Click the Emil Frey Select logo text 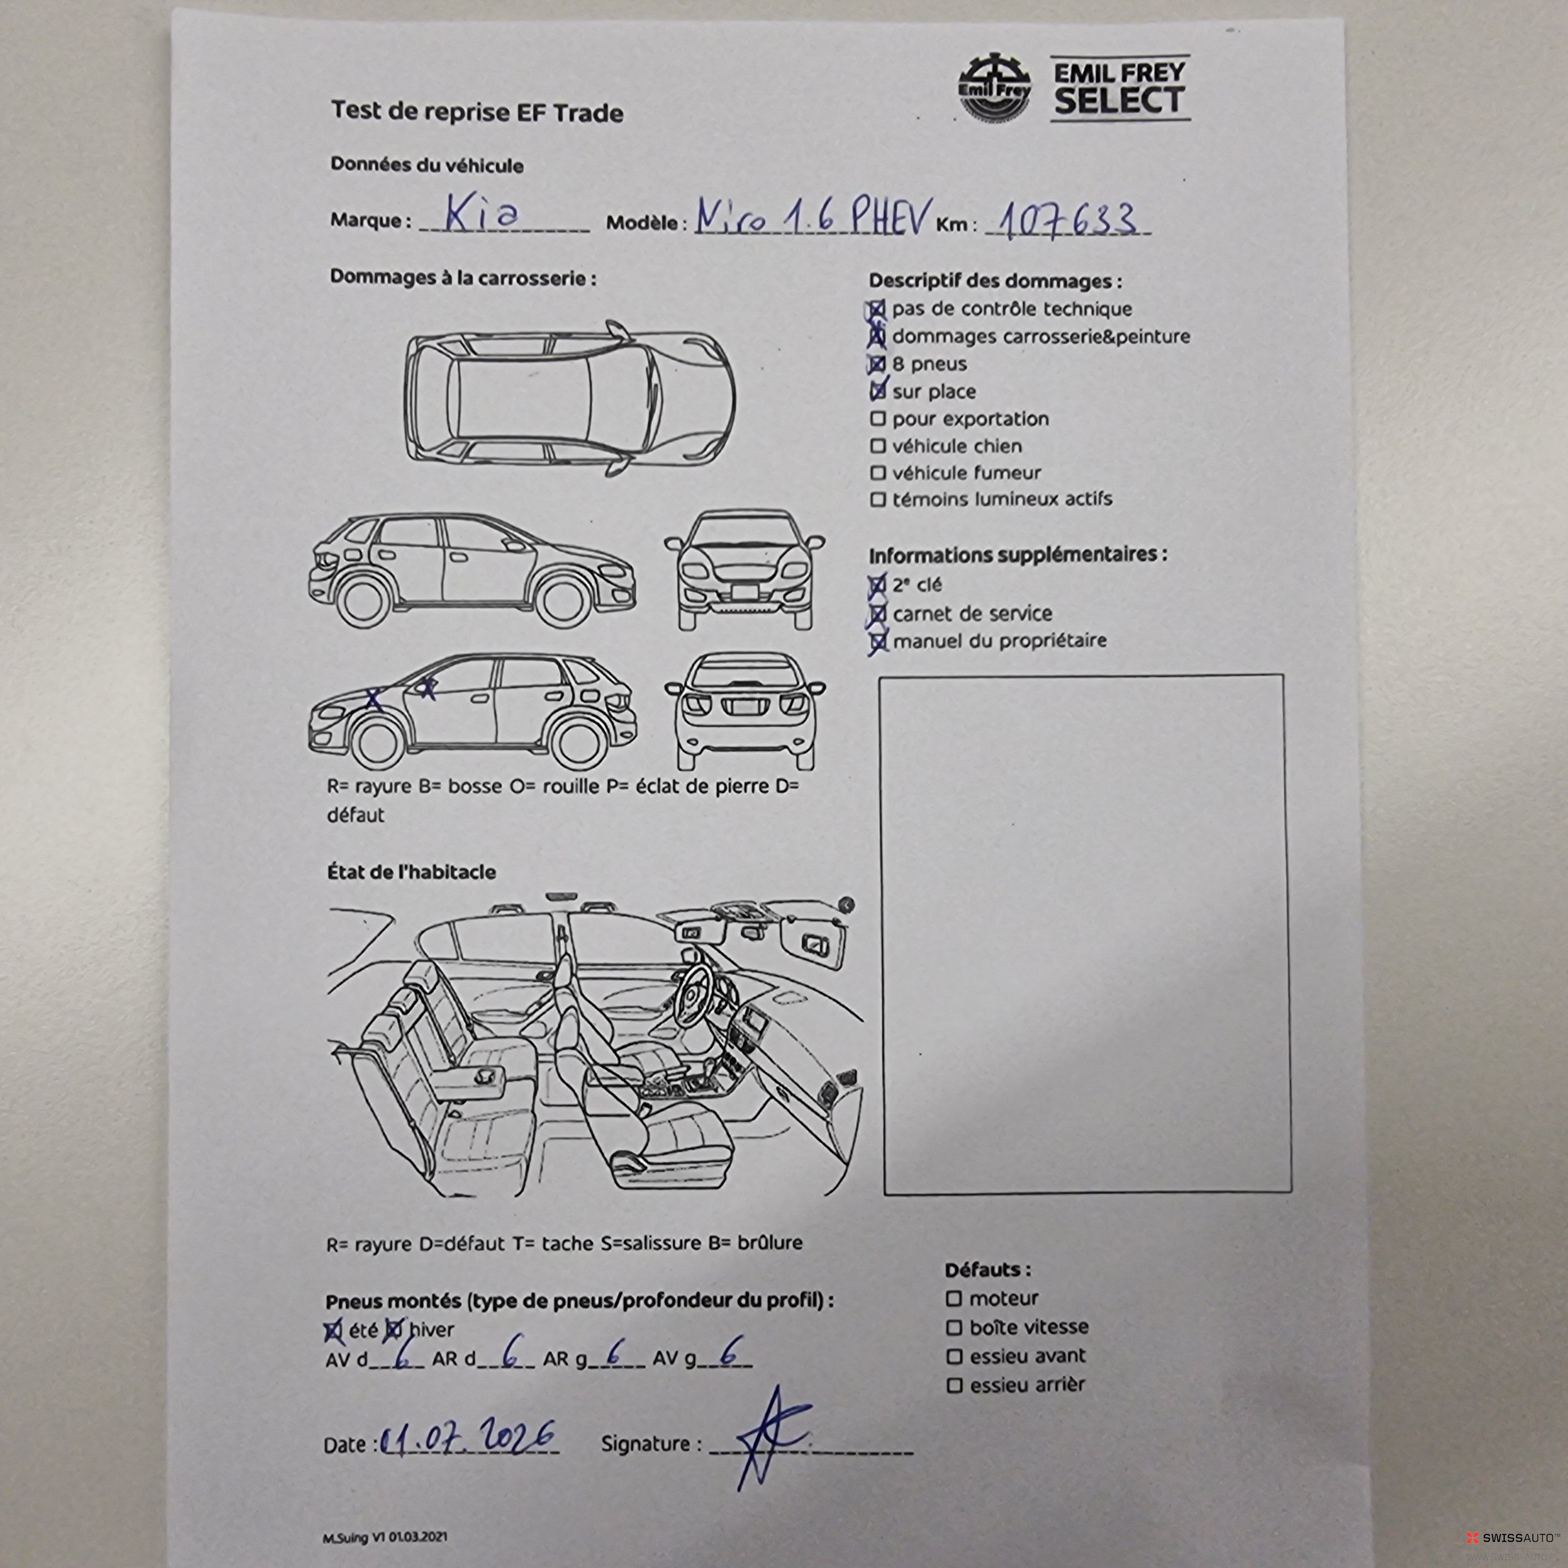1120,88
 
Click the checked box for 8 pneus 877,364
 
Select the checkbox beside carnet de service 877,614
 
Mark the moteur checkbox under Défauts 954,1299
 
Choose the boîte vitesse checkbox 954,1328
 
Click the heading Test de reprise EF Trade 477,112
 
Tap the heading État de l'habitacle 411,872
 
